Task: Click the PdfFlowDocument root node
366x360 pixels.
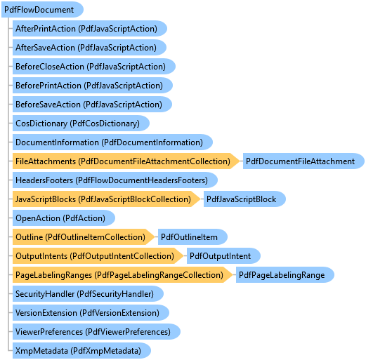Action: tap(42, 10)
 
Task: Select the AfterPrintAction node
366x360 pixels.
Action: tap(90, 29)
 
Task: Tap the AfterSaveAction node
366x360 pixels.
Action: tap(89, 48)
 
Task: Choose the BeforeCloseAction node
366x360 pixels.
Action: tap(94, 67)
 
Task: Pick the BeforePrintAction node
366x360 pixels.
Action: tap(93, 86)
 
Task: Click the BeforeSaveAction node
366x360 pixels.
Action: tap(92, 105)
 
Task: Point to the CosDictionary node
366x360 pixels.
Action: tap(81, 124)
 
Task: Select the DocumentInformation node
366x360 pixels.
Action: tap(112, 142)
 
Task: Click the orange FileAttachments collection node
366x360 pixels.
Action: tap(126, 161)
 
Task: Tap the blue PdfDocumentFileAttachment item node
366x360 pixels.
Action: tap(303, 161)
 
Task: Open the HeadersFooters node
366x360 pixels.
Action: tap(115, 180)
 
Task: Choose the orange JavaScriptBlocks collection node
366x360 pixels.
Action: tap(107, 199)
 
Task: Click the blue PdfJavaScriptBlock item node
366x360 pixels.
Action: tap(244, 199)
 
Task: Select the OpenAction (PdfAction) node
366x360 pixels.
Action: tap(64, 218)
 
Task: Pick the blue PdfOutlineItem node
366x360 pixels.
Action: tap(192, 237)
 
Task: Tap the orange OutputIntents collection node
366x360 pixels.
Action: tap(98, 256)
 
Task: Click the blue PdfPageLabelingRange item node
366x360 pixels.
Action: tap(285, 275)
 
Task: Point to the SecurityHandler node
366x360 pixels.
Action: tap(88, 294)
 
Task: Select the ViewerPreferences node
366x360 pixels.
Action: tap(96, 332)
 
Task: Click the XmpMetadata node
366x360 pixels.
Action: tap(81, 351)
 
